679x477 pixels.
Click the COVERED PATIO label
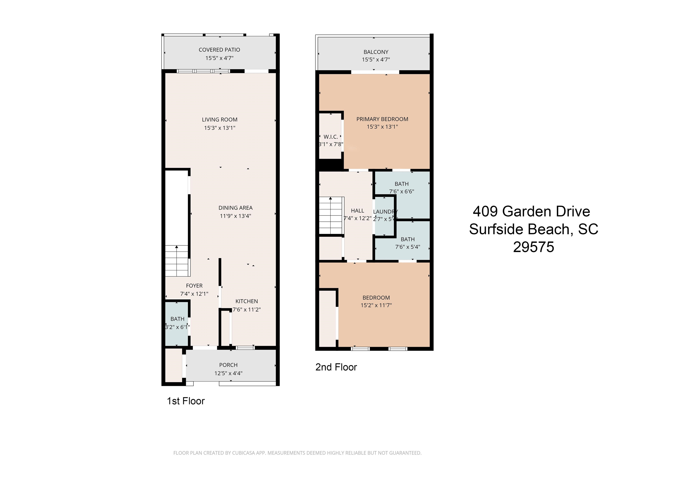[219, 50]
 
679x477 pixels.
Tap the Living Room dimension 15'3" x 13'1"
[220, 128]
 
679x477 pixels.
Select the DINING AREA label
[235, 208]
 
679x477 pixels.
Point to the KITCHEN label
[247, 301]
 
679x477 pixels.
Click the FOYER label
[194, 286]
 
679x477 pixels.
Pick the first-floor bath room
[177, 323]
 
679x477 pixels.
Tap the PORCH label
[228, 365]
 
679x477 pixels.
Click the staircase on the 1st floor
[177, 261]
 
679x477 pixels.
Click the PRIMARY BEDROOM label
[382, 119]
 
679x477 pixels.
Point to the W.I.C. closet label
[331, 137]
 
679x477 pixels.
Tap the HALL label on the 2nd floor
[358, 211]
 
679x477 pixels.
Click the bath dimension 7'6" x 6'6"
[402, 191]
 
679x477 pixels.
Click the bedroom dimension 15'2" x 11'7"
[376, 305]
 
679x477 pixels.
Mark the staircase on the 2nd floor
[331, 216]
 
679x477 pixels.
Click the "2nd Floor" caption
[336, 367]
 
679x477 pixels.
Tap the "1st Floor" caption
[186, 401]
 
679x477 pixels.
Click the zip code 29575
[534, 247]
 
